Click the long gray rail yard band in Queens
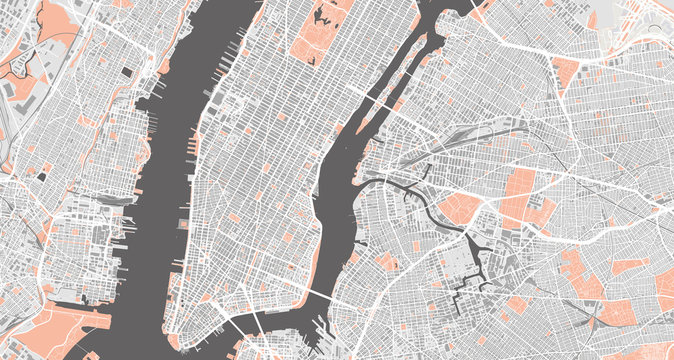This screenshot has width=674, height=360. point(470,140)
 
